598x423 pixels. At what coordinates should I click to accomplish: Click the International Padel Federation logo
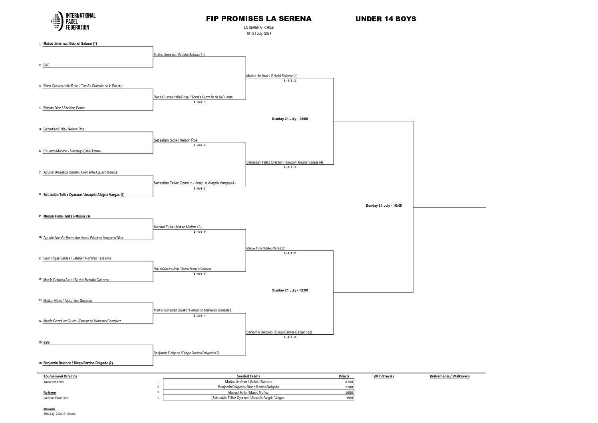[73, 22]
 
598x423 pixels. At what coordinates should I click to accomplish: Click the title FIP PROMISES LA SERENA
[258, 19]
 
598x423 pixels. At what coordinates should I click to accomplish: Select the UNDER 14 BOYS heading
[385, 19]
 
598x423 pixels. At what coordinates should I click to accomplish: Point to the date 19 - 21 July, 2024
[258, 34]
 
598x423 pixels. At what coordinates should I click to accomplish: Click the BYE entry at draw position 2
[46, 65]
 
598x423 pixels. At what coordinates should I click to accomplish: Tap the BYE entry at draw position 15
[46, 343]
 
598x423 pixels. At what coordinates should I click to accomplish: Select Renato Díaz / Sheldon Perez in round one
[64, 108]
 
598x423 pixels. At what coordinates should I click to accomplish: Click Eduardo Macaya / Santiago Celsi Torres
[72, 151]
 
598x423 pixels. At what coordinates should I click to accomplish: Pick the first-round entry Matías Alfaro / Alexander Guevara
[68, 301]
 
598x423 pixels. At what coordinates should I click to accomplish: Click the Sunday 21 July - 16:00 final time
[383, 206]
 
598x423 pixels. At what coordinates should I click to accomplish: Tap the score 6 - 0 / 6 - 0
[199, 274]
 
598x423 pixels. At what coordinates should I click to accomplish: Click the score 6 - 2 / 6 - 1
[290, 167]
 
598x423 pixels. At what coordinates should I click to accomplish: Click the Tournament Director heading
[60, 376]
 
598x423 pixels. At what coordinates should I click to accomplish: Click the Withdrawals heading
[383, 376]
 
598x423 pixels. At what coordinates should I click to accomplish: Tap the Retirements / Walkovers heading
[449, 376]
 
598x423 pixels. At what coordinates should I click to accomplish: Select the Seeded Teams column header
[248, 376]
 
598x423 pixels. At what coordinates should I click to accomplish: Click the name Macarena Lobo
[54, 382]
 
